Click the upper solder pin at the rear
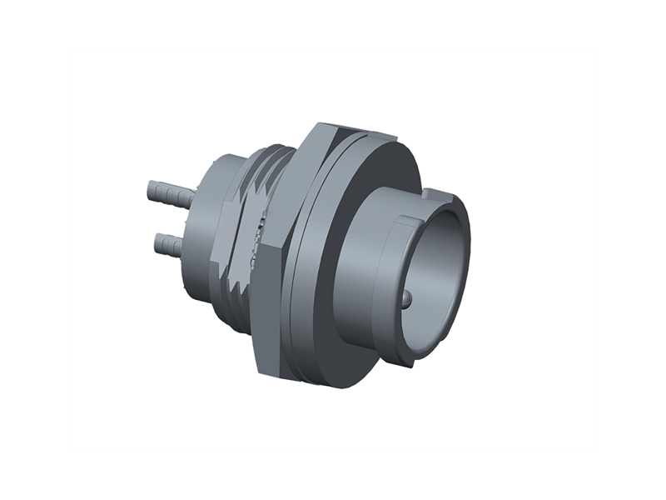point(171,196)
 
